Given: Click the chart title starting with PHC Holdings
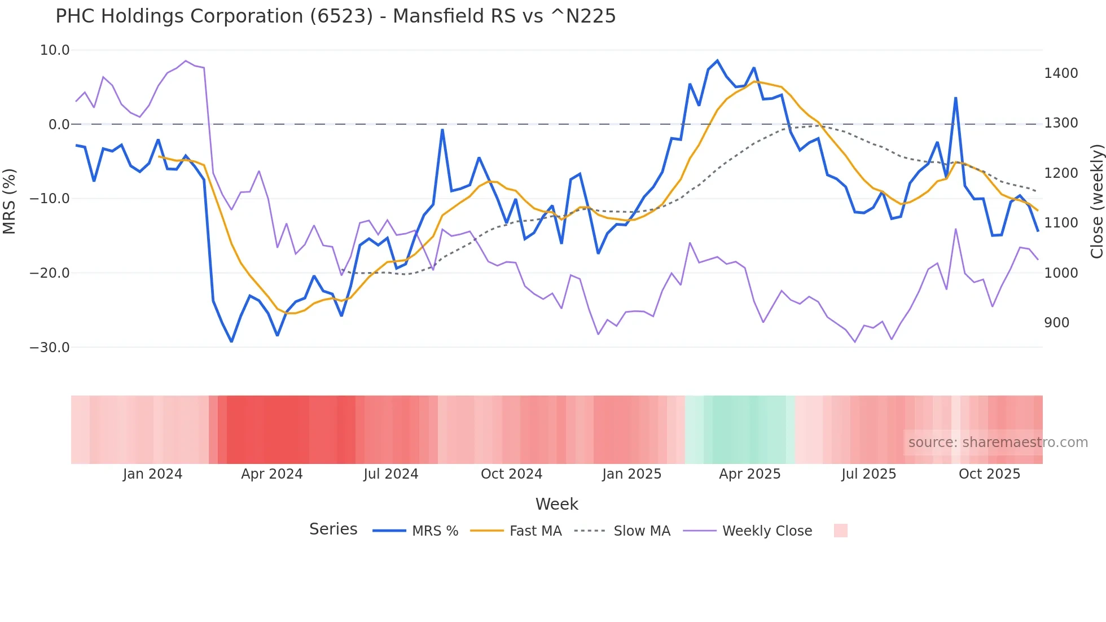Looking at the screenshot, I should tap(335, 16).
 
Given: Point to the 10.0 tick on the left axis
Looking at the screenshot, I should tap(55, 50).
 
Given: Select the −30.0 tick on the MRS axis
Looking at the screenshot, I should tap(50, 347).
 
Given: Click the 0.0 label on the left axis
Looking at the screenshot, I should tap(59, 124).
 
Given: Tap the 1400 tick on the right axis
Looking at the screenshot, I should tap(1061, 73).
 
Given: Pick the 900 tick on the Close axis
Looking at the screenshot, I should tap(1056, 323).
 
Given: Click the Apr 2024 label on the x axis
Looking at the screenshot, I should tap(271, 474).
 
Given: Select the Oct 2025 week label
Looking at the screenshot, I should tap(989, 474).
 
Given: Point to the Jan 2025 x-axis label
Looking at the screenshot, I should tap(631, 474).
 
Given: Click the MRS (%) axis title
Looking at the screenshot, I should tap(9, 201).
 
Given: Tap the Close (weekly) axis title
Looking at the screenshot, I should tap(1096, 201).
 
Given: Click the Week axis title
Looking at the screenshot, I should tap(556, 504).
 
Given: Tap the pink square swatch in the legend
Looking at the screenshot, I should tap(840, 531).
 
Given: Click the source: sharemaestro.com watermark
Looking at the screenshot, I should tap(998, 443).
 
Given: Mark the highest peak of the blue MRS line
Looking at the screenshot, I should tap(717, 60).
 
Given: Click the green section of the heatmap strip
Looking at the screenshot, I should tap(739, 430).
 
